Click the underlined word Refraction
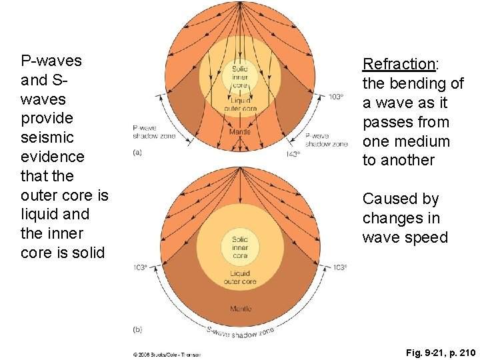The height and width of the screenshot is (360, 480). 398,64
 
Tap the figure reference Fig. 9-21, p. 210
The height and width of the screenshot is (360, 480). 431,351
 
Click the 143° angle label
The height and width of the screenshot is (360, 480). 293,153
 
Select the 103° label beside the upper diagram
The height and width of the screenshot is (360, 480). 336,97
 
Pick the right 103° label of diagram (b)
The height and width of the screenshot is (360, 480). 339,267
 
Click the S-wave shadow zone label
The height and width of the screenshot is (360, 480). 240,332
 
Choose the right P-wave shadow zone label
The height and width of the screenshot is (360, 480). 326,140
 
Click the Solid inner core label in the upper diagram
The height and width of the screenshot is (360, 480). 240,77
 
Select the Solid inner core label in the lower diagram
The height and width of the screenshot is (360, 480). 240,247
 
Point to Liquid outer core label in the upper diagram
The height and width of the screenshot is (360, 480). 240,105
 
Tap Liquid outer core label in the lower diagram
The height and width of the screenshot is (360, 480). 240,278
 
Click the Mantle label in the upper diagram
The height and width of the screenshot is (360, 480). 240,131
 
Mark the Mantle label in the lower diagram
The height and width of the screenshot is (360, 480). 240,309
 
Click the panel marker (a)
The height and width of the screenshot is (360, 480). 137,153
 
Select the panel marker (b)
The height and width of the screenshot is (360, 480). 137,329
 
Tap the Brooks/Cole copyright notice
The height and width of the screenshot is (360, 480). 167,354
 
